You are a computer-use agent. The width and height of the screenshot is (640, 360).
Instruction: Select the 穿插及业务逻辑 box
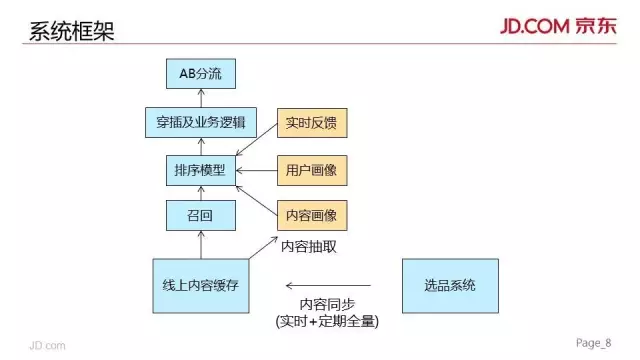pyautogui.click(x=201, y=124)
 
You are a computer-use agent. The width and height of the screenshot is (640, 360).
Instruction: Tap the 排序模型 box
pyautogui.click(x=200, y=171)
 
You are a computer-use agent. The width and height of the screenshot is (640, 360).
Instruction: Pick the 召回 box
pyautogui.click(x=200, y=214)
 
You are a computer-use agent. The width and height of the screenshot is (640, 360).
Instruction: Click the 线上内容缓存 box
pyautogui.click(x=200, y=285)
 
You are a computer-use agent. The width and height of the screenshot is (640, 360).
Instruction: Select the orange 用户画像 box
pyautogui.click(x=310, y=171)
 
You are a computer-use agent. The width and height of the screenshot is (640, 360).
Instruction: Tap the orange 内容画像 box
pyautogui.click(x=310, y=214)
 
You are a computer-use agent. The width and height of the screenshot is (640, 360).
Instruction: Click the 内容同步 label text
pyautogui.click(x=326, y=304)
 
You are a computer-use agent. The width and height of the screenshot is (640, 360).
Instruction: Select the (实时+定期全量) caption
pyautogui.click(x=327, y=323)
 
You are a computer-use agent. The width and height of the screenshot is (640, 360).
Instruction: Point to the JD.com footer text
pyautogui.click(x=47, y=344)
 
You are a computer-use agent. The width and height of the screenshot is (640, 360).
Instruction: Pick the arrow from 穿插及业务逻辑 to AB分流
pyautogui.click(x=200, y=98)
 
